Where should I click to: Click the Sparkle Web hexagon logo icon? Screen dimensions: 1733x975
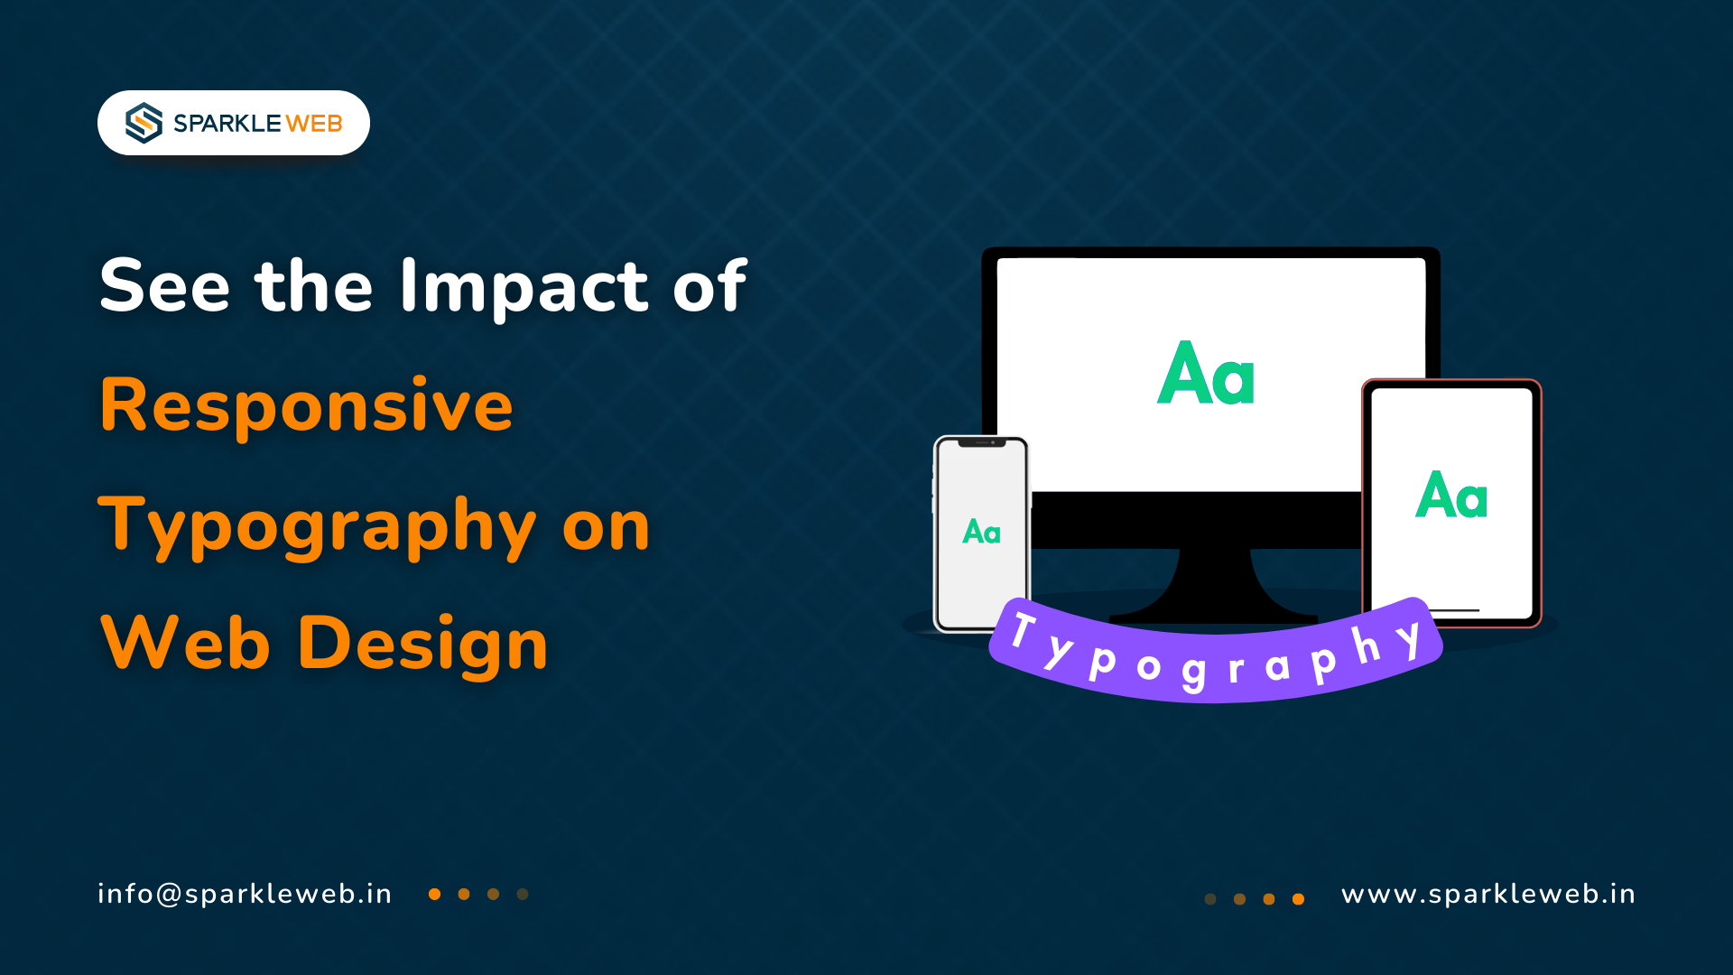click(x=144, y=123)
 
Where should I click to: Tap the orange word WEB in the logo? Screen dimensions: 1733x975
click(x=314, y=124)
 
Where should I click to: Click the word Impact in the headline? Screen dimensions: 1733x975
click(x=524, y=287)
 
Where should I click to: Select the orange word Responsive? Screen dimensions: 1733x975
click(x=306, y=405)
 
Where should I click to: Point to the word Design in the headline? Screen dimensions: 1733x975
click(x=422, y=644)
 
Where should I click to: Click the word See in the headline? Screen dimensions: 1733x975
click(x=164, y=286)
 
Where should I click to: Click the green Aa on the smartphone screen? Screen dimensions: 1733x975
click(x=981, y=532)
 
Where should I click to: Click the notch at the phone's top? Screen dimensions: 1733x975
click(x=981, y=442)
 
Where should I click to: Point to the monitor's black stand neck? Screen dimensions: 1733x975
click(x=1214, y=582)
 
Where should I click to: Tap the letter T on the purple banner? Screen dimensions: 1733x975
click(x=1024, y=630)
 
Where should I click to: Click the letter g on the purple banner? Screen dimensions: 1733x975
click(x=1193, y=673)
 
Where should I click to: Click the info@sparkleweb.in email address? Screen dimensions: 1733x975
click(x=245, y=894)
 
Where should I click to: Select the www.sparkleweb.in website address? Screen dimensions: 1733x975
click(x=1488, y=895)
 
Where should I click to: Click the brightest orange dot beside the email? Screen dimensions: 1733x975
click(x=434, y=895)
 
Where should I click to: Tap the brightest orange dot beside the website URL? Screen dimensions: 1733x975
click(x=1298, y=899)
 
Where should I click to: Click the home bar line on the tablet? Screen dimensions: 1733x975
click(x=1452, y=610)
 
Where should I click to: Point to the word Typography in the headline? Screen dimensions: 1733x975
click(x=317, y=526)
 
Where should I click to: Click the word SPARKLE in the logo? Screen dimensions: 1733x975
click(x=227, y=124)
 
